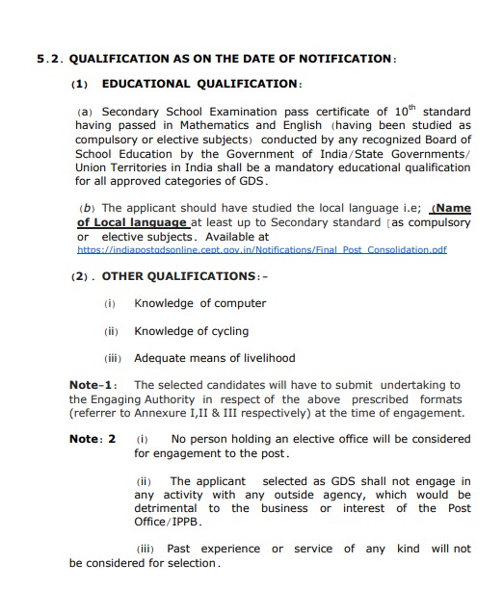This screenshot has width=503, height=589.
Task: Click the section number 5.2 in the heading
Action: tap(50, 59)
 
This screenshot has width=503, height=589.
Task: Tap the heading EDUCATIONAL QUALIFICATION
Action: tap(201, 84)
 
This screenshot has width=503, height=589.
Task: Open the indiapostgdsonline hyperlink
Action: tap(261, 249)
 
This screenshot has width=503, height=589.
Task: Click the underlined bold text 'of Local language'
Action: tap(132, 222)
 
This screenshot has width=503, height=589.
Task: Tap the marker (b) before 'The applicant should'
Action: tap(88, 208)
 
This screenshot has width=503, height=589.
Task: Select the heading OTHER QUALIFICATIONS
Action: tap(170, 276)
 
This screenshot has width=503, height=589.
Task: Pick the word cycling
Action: tap(226, 331)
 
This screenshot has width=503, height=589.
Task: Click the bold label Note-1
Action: tap(93, 385)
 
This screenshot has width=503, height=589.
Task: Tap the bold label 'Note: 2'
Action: tap(93, 439)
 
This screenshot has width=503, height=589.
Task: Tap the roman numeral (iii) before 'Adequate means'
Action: tap(113, 358)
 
